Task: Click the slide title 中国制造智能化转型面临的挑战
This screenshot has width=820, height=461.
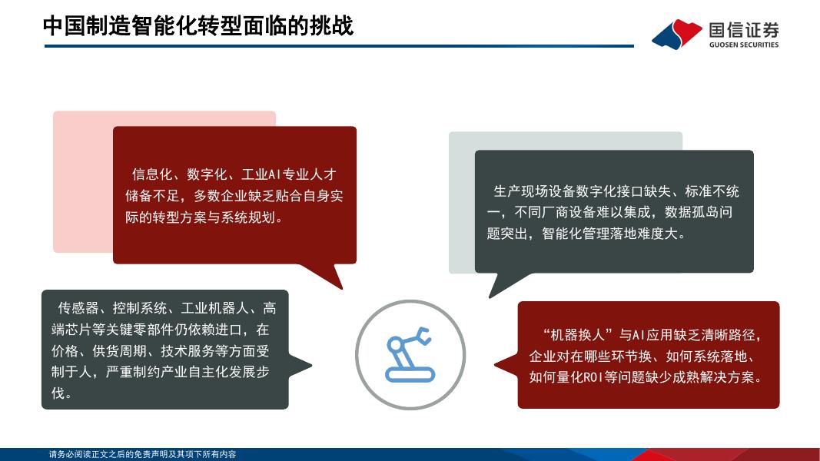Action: [x=198, y=26]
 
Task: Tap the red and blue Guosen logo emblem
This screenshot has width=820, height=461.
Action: [x=676, y=33]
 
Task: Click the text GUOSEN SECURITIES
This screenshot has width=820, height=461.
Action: [x=743, y=45]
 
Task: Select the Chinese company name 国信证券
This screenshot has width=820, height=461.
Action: [x=743, y=29]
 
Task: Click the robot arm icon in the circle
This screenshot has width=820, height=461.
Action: [x=410, y=354]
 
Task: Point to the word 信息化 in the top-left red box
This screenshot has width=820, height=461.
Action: [x=151, y=174]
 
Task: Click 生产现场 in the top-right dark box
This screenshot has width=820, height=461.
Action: [x=520, y=191]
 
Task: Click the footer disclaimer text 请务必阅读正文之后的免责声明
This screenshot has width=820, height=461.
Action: [x=115, y=455]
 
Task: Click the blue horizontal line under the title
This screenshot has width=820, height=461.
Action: [x=338, y=46]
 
